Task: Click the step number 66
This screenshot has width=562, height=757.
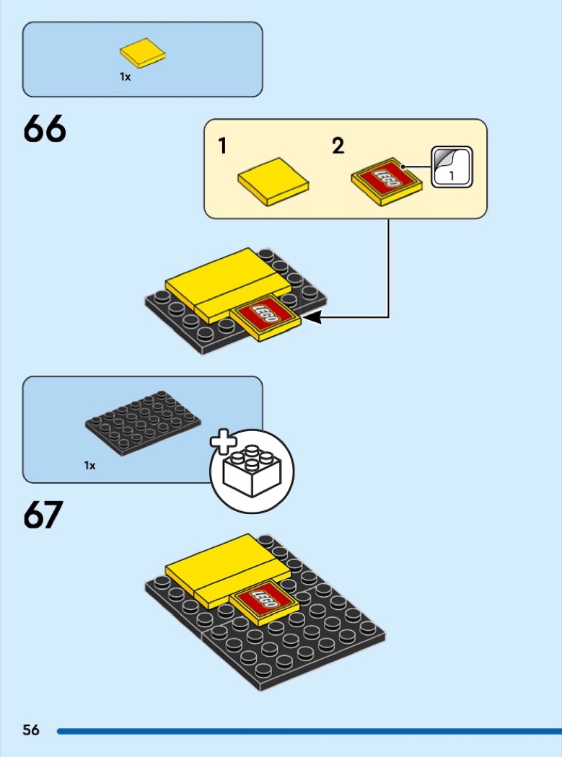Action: [x=45, y=129]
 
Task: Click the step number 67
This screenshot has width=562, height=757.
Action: [x=43, y=515]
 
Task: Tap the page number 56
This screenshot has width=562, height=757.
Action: [x=31, y=730]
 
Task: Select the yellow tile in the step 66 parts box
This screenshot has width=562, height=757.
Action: [x=143, y=53]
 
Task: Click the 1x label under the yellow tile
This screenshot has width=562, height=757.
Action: [x=125, y=76]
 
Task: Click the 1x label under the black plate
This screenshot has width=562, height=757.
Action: [x=90, y=466]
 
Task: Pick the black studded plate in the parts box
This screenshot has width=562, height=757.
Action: [x=143, y=423]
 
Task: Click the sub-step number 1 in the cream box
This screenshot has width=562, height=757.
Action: [x=222, y=146]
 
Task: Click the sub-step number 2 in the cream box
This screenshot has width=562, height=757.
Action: [x=338, y=146]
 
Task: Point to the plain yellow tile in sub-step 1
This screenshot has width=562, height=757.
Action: [x=273, y=182]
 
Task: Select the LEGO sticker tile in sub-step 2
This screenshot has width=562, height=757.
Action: [x=387, y=182]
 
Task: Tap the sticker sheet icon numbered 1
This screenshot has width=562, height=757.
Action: [x=452, y=167]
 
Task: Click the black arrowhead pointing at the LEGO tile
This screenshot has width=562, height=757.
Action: [x=314, y=317]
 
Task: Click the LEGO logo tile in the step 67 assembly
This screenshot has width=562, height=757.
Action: [x=265, y=601]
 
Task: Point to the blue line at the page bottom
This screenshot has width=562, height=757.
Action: [x=309, y=731]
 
